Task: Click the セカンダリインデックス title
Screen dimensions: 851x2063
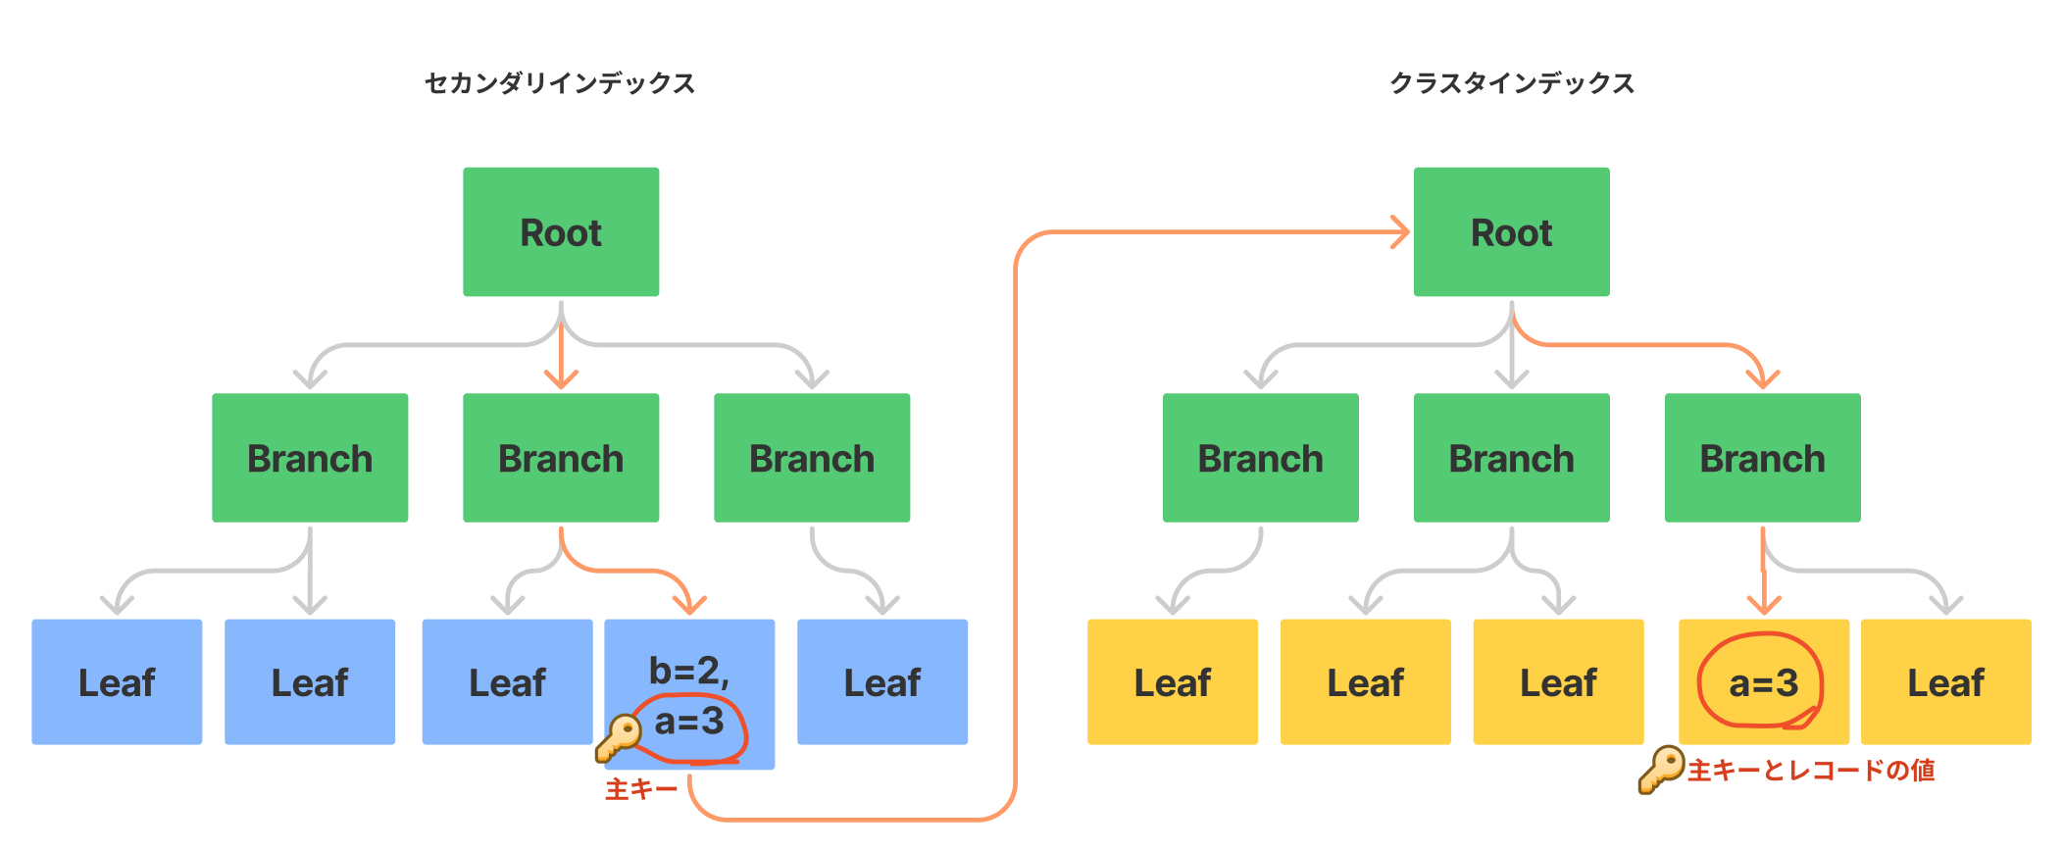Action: coord(560,83)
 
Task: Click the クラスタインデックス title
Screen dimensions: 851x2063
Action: coord(1512,83)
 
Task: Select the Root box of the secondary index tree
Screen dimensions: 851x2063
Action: coord(561,232)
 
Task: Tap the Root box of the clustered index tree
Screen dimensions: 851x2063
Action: coord(1511,232)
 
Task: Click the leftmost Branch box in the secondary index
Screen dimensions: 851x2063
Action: coord(310,458)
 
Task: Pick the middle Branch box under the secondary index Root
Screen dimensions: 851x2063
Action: coord(561,458)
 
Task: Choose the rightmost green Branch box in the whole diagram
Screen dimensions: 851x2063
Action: coord(1762,458)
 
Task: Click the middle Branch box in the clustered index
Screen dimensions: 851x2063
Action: coord(1511,458)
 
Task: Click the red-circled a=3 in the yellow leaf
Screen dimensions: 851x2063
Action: coord(1762,682)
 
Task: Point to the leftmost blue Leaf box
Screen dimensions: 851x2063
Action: coord(117,682)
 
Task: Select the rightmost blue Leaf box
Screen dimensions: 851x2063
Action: coord(881,682)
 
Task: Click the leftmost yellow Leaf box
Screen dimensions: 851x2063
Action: coord(1172,682)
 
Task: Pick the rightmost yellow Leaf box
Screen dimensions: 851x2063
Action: coord(1945,682)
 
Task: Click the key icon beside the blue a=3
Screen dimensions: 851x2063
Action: coord(618,737)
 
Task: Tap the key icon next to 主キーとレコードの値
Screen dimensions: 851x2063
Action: coord(1660,770)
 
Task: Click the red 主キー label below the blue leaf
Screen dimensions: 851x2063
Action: coord(641,789)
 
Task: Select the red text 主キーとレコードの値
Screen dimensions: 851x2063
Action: coord(1811,771)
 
